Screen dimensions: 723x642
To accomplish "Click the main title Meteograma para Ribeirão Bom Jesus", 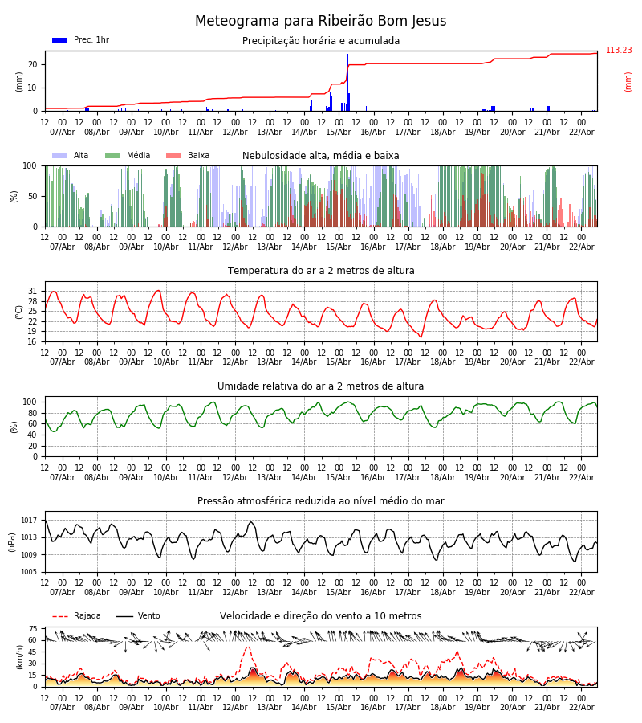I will click(320, 22).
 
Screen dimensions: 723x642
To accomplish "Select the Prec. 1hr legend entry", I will click(80, 40).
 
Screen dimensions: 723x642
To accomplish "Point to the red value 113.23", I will click(619, 51).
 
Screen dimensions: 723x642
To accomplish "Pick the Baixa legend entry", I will click(188, 156).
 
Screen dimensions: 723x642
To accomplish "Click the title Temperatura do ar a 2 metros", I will click(321, 271).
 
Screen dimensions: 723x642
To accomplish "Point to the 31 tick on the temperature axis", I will click(33, 291).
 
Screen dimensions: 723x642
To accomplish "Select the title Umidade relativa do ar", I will click(321, 386).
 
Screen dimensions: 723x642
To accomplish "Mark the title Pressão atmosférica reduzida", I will click(321, 501).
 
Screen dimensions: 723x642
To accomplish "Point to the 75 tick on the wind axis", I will click(33, 629).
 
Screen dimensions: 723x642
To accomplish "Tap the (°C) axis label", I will click(19, 312).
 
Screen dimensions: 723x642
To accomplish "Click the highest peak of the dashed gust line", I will click(248, 647).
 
